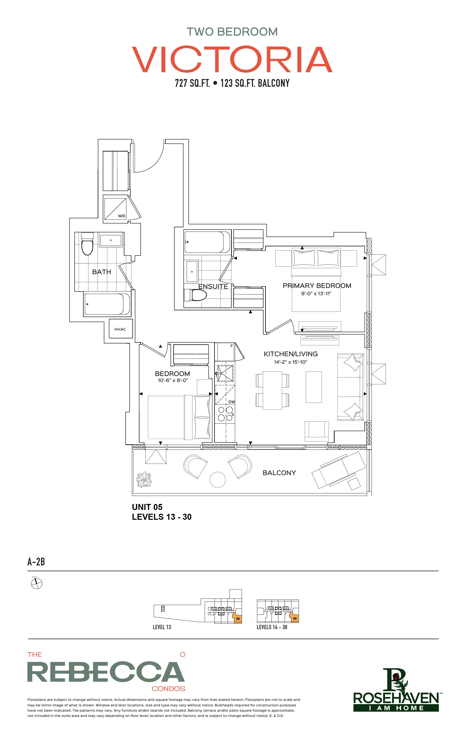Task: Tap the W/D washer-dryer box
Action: pos(115,208)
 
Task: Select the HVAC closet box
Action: pos(121,329)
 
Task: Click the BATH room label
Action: pos(101,272)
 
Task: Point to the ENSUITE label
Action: pos(213,286)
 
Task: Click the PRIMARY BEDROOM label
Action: pos(317,286)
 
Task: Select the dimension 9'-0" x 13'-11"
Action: pos(316,294)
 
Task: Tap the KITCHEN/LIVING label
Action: pos(290,354)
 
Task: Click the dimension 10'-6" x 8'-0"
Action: pos(173,381)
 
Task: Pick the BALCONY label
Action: pos(279,473)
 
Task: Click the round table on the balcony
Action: pos(217,479)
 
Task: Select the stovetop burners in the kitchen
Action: pos(225,414)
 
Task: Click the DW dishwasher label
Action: pos(231,402)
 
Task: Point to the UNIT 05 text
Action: pos(147,507)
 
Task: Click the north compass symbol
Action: pos(37,583)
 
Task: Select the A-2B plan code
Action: pos(36,562)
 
